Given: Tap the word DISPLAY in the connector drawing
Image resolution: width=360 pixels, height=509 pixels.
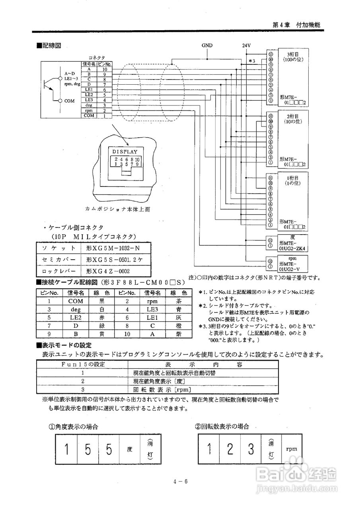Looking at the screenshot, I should [125, 152].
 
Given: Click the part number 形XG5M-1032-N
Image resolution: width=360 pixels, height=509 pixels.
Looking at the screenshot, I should [113, 248].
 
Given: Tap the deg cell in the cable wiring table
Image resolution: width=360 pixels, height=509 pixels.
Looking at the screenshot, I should [76, 309].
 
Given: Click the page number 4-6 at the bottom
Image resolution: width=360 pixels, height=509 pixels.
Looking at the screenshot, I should [180, 482].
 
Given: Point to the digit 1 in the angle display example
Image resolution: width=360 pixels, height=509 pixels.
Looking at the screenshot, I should [67, 450].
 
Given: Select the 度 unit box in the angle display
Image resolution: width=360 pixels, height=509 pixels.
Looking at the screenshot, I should [129, 450].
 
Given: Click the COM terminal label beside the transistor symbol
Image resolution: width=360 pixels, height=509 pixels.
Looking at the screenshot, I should [70, 101].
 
